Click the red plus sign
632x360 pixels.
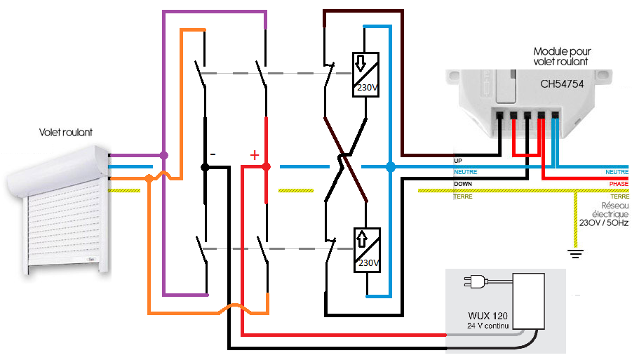tap(254, 154)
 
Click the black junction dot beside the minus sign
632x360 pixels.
tap(206, 167)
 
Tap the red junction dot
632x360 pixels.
tap(266, 167)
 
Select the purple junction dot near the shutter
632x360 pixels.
tap(163, 155)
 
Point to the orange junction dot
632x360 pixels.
tap(149, 180)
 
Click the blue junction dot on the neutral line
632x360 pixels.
tap(391, 167)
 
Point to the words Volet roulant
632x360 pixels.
tap(67, 132)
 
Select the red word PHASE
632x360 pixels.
tap(619, 184)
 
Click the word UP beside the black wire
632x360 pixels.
tap(458, 161)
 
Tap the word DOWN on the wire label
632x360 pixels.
tap(463, 184)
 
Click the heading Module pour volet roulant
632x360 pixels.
tap(560, 57)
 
